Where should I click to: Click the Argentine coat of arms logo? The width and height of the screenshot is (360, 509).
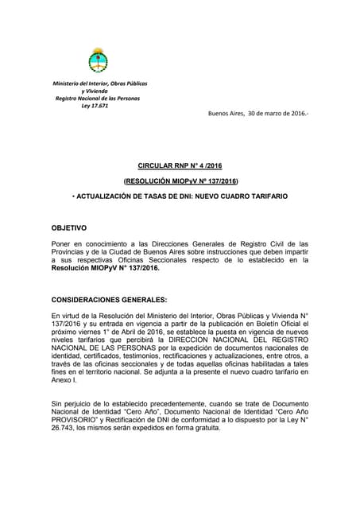tap(99, 60)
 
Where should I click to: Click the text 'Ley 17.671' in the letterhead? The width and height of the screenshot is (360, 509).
tap(99, 106)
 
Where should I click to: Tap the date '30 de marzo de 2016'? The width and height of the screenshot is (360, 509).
tap(277, 114)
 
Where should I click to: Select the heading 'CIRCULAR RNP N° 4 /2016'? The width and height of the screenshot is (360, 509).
tap(180, 165)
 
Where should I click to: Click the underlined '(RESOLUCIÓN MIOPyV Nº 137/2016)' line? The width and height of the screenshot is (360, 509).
tap(180, 182)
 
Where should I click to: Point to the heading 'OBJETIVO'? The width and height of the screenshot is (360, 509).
tap(69, 228)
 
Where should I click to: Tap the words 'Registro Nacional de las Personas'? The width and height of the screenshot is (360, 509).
tap(97, 99)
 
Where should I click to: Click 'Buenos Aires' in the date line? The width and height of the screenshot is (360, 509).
tap(226, 114)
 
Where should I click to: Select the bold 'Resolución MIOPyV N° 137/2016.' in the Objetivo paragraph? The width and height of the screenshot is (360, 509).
tap(105, 268)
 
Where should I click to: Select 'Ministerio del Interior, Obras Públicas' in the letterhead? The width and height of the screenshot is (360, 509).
tap(100, 84)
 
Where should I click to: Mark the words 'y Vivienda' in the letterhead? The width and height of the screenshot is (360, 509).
tap(100, 91)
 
